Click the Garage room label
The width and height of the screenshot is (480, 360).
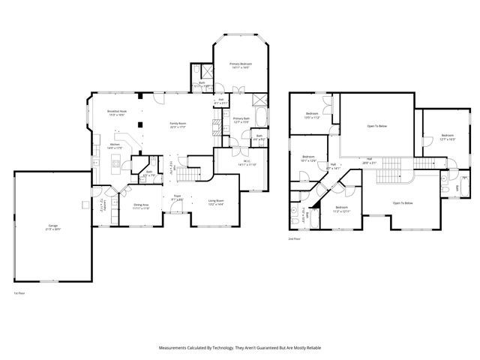[53, 227]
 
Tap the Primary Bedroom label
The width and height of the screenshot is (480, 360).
[240, 66]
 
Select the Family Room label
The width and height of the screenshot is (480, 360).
[177, 124]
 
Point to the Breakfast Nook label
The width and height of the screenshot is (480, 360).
[116, 113]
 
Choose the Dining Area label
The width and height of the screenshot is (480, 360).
[141, 206]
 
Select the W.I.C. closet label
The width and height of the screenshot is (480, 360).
[247, 163]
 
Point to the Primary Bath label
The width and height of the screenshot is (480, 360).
[241, 120]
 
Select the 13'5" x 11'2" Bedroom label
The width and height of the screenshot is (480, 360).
[312, 117]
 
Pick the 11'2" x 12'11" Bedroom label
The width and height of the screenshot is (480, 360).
[341, 208]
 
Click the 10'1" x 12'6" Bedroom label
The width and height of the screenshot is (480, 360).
[308, 159]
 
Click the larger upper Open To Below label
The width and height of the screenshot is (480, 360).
[376, 126]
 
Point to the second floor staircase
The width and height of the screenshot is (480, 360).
[430, 164]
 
